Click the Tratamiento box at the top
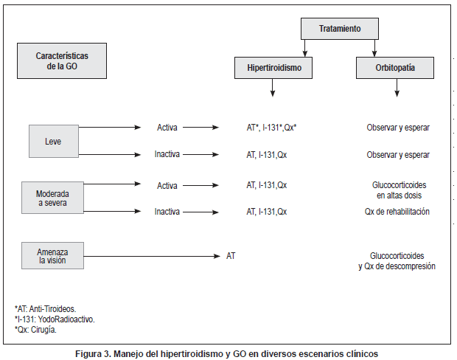click(x=340, y=29)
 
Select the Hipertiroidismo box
click(x=273, y=69)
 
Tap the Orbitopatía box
click(x=395, y=69)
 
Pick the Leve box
click(x=53, y=141)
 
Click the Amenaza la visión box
click(x=52, y=255)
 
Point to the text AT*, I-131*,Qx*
click(x=271, y=128)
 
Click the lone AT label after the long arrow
click(x=231, y=256)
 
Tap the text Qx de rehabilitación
click(x=397, y=212)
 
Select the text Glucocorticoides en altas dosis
click(x=398, y=190)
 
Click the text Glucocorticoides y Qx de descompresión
click(x=397, y=260)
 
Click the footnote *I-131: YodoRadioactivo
click(x=55, y=319)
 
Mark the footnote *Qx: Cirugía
click(x=35, y=330)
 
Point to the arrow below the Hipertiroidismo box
click(x=273, y=89)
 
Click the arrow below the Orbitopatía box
click(x=397, y=89)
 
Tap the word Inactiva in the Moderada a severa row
click(x=167, y=212)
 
